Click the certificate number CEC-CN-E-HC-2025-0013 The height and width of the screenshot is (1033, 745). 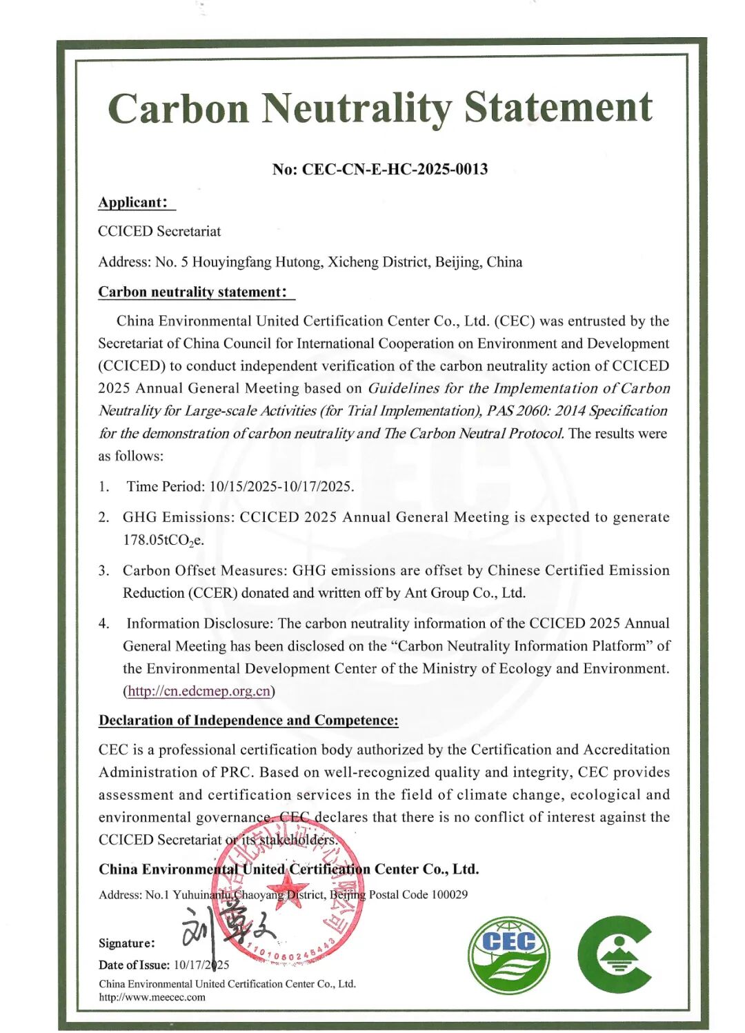[x=395, y=169]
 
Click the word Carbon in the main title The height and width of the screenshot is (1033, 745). [x=178, y=108]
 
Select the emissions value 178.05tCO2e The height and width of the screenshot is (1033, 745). [x=163, y=540]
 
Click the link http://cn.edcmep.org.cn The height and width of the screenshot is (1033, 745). [x=199, y=691]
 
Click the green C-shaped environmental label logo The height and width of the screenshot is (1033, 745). [x=614, y=954]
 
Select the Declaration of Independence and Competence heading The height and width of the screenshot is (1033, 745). [x=248, y=721]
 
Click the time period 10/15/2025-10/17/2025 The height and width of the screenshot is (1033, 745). [x=281, y=487]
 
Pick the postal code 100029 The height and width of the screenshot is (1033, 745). [x=449, y=894]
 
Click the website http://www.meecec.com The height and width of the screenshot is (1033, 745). [x=152, y=996]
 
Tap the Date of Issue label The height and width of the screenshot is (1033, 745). [x=134, y=965]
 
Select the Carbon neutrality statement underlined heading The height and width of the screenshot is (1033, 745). [x=192, y=292]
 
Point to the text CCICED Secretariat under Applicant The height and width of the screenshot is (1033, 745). [x=159, y=232]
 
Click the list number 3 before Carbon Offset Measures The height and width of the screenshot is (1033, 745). [x=103, y=570]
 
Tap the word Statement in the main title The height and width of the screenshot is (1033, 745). [x=557, y=108]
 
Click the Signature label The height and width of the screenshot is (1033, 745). [x=126, y=943]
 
